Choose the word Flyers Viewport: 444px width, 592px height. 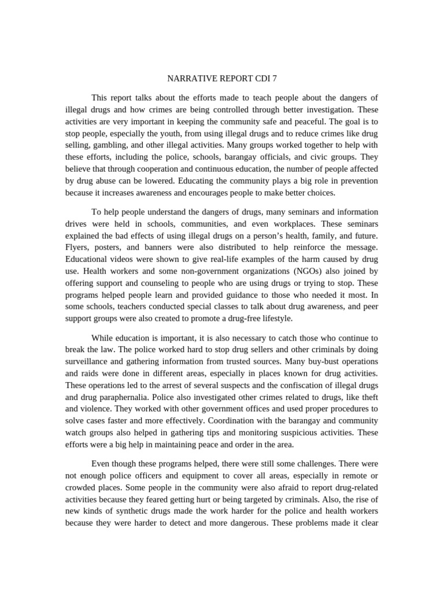tap(78, 247)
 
